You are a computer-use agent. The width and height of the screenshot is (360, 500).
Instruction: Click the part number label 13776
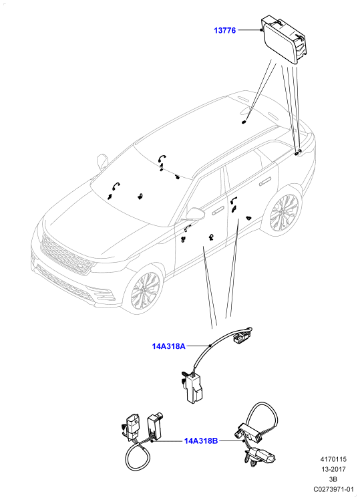pyautogui.click(x=224, y=31)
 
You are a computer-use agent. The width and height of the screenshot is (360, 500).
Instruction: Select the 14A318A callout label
pyautogui.click(x=168, y=346)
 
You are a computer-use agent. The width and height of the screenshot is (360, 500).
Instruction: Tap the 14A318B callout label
pyautogui.click(x=201, y=441)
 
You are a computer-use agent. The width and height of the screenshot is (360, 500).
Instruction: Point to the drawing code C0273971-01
pyautogui.click(x=333, y=489)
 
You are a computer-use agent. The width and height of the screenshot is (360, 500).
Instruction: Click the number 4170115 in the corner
pyautogui.click(x=333, y=459)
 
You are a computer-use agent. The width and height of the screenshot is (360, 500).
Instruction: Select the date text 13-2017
pyautogui.click(x=333, y=469)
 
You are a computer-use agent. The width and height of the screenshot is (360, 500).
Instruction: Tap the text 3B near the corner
pyautogui.click(x=333, y=479)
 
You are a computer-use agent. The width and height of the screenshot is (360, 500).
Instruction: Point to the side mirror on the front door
pyautogui.click(x=195, y=213)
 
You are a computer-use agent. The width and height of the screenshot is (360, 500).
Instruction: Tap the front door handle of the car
pyautogui.click(x=218, y=209)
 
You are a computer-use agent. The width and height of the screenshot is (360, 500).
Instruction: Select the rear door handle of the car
pyautogui.click(x=264, y=182)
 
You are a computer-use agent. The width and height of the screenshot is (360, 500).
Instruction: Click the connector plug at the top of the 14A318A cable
pyautogui.click(x=240, y=337)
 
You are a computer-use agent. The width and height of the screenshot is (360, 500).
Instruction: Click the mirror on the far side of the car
pyautogui.click(x=102, y=162)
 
